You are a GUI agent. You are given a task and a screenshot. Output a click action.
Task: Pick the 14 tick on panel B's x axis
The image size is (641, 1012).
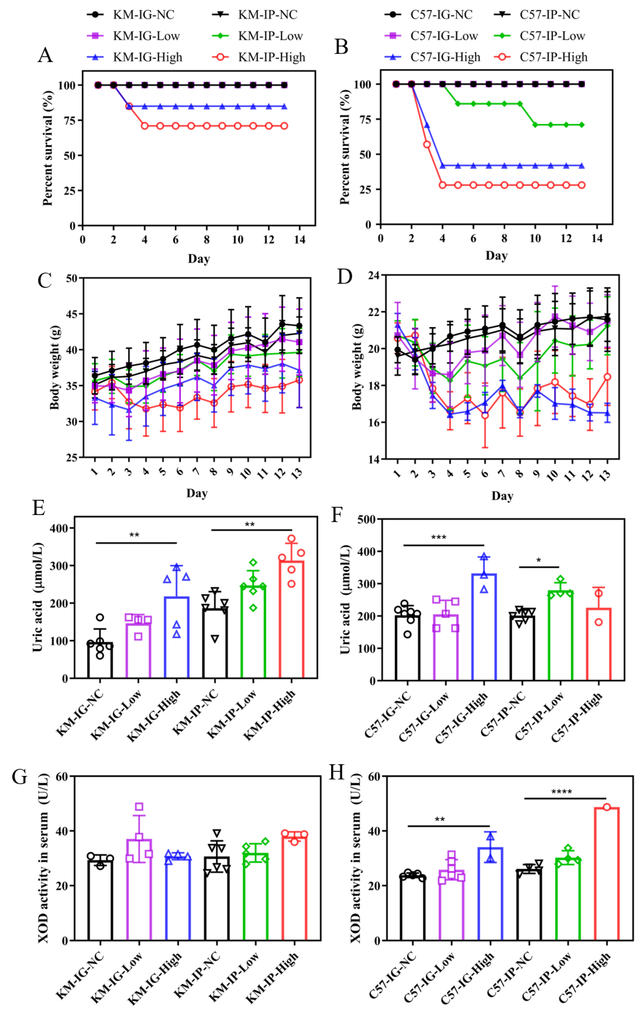596,238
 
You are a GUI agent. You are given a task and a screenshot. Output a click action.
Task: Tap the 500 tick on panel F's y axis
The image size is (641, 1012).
366,520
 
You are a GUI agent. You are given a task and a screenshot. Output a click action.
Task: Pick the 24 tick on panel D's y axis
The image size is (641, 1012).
373,276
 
